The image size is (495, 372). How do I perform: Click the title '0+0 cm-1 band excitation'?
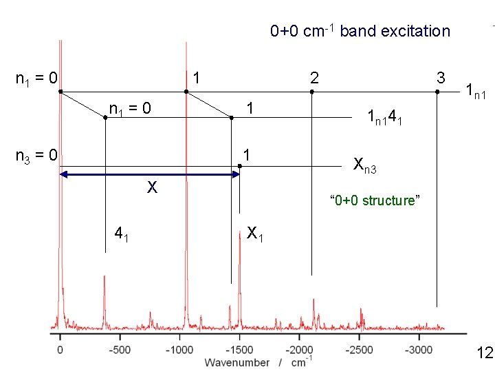(x=360, y=31)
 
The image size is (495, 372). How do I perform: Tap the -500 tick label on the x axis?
(x=120, y=350)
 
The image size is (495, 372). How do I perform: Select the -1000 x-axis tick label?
(x=179, y=350)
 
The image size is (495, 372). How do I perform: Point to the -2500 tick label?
(x=360, y=350)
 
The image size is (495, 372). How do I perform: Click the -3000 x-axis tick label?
(x=419, y=350)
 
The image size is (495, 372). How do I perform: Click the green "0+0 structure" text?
(x=375, y=200)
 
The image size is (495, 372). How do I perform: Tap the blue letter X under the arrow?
(x=152, y=187)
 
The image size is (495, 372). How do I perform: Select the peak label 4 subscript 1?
(x=121, y=234)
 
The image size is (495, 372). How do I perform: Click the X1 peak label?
(x=255, y=234)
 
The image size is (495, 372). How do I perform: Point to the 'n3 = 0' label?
(x=36, y=156)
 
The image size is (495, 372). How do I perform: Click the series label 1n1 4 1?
(x=385, y=118)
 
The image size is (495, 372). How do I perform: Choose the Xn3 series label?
(x=365, y=165)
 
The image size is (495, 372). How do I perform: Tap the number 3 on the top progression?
(x=441, y=78)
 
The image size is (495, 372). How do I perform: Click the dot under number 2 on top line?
(x=312, y=92)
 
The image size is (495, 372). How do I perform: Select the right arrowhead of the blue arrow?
(x=236, y=174)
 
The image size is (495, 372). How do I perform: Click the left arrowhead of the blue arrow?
(x=64, y=174)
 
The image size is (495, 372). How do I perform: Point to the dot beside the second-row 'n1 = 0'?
(x=105, y=118)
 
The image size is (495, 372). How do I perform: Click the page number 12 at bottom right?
(x=485, y=353)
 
